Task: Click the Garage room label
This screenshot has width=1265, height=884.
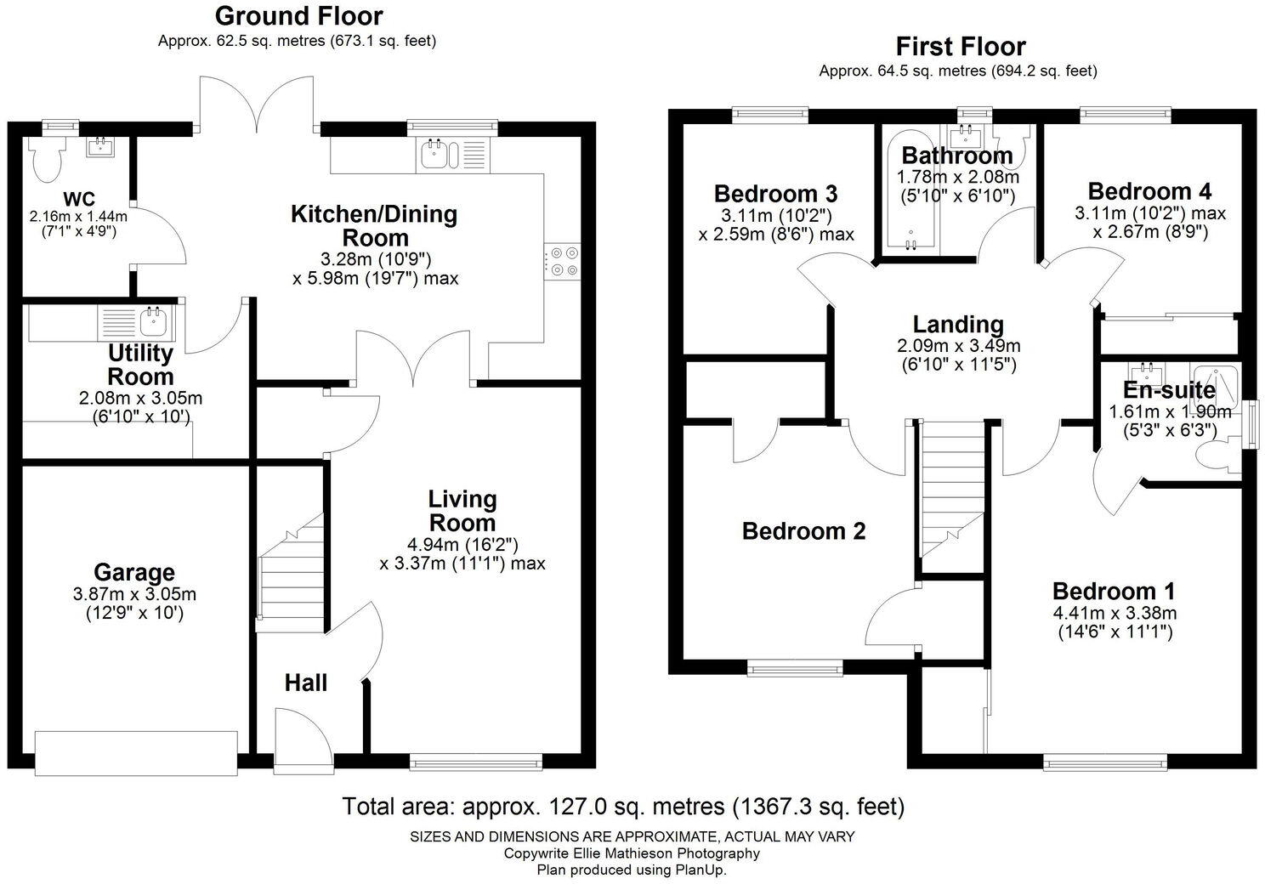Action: coord(134,573)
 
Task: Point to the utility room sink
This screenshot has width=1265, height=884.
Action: coord(154,321)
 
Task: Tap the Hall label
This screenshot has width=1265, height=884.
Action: coord(305,683)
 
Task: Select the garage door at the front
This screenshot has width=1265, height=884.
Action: coord(136,751)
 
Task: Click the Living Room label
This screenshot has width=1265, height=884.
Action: coord(462,510)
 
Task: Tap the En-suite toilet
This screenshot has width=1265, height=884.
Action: coord(1219,456)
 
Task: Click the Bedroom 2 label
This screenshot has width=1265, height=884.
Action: coord(803,531)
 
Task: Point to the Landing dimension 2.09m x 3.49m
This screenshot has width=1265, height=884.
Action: coord(958,346)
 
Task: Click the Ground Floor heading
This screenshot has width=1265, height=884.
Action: coord(298,15)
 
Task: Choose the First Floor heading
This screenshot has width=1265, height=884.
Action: coord(961,46)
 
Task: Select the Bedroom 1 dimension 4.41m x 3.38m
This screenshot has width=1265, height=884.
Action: coord(1115,613)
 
